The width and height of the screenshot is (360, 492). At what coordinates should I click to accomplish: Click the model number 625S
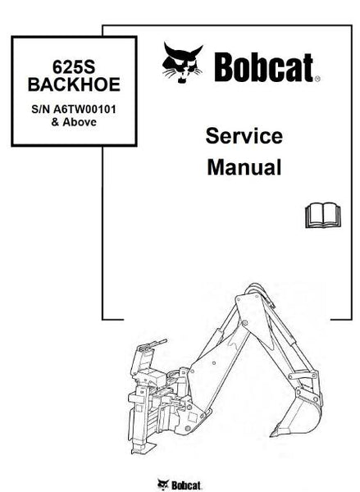click(74, 67)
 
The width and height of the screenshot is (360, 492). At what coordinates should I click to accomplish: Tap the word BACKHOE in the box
click(74, 84)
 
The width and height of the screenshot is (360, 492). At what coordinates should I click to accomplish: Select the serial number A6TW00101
click(84, 109)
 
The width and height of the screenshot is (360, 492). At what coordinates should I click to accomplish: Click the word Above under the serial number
click(80, 122)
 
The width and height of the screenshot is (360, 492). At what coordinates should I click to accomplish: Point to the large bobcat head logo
click(182, 63)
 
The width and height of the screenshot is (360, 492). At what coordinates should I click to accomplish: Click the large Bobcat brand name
click(263, 67)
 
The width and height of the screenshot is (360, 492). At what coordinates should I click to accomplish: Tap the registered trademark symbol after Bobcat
click(317, 79)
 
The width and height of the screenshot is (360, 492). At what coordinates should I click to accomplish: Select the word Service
click(244, 136)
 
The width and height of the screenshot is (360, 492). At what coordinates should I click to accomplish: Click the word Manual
click(244, 167)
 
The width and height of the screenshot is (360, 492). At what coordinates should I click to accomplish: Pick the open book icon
click(322, 215)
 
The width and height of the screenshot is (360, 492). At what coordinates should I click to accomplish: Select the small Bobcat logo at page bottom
click(180, 485)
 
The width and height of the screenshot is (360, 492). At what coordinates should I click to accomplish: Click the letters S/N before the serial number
click(41, 109)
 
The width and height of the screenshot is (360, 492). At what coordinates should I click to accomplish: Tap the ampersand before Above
click(55, 122)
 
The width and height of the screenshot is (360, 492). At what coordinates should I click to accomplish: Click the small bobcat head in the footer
click(163, 485)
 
